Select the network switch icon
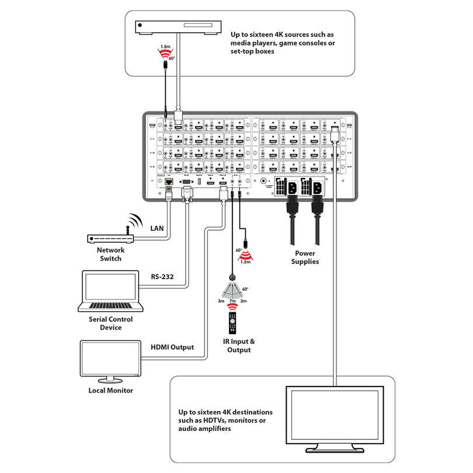tap(110, 239)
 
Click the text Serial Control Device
tap(110, 324)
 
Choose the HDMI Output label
tap(172, 347)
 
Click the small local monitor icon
tap(110, 360)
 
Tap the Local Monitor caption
tap(110, 390)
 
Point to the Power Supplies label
tap(306, 258)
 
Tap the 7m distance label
tap(232, 301)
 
